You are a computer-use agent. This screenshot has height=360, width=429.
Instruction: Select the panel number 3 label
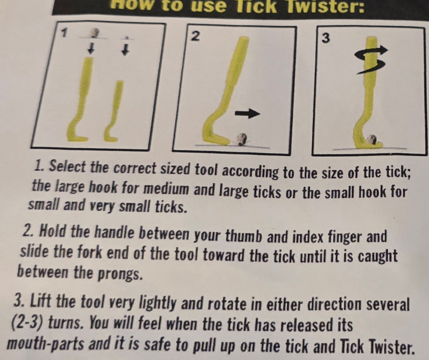325,39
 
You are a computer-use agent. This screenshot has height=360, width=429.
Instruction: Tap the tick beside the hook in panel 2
241,138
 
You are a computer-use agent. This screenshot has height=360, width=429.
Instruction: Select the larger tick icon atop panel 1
94,33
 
